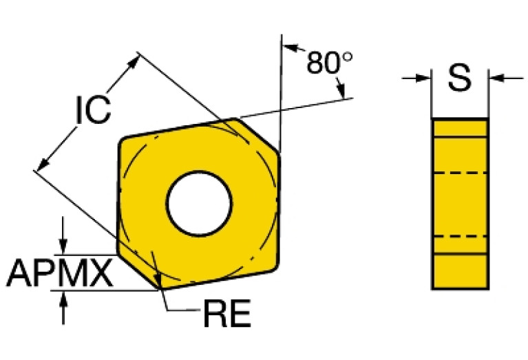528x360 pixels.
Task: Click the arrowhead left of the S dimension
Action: tap(423, 78)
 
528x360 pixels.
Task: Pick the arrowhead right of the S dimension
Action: tap(496, 78)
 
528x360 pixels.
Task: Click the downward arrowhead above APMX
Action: tap(63, 246)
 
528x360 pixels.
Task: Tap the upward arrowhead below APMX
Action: tap(64, 298)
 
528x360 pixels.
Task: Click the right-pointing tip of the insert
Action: tap(279, 151)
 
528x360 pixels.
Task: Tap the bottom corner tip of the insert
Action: tap(160, 288)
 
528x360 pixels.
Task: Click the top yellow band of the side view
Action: tap(460, 128)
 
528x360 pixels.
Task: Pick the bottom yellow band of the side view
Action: tap(460, 272)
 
